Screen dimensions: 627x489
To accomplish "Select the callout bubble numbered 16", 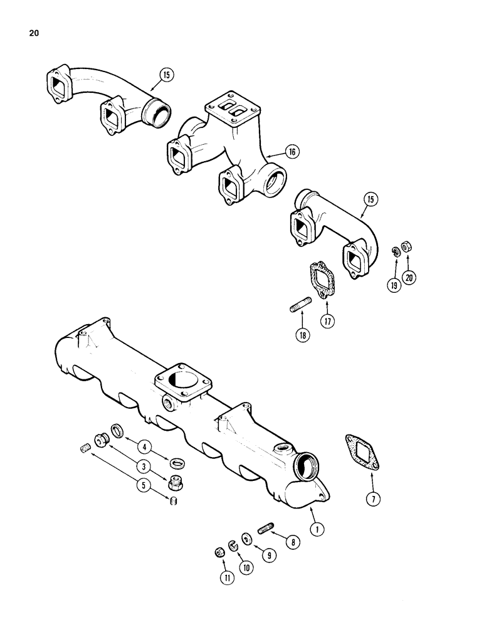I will tap(292, 151).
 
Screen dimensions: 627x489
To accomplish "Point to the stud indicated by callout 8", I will tap(263, 524).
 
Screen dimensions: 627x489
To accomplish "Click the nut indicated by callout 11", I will tap(219, 552).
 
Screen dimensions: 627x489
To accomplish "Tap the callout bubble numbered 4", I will tap(146, 448).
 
